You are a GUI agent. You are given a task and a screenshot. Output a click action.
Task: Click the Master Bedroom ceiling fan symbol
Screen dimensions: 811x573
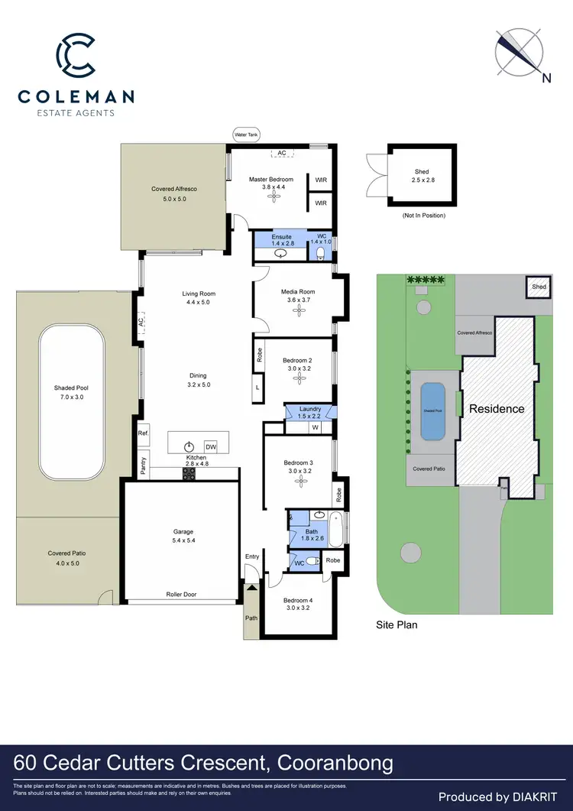click(272, 196)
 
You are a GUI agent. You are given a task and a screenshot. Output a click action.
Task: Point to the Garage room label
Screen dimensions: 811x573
click(183, 531)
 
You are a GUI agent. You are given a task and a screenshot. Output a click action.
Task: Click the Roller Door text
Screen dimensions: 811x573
click(182, 594)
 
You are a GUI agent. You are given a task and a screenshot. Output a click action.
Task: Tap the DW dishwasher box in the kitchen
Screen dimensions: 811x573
click(212, 446)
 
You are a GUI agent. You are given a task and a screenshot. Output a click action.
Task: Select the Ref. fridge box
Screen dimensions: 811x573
click(143, 433)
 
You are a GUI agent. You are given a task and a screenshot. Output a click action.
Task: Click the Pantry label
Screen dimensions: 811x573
click(143, 464)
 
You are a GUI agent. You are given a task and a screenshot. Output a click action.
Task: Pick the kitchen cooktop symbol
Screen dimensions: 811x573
click(189, 474)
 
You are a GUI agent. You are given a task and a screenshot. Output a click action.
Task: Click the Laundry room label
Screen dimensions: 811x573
click(309, 409)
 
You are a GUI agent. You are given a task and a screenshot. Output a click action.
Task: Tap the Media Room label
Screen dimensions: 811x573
click(298, 292)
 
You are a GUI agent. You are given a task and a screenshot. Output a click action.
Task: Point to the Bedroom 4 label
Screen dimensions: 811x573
click(297, 600)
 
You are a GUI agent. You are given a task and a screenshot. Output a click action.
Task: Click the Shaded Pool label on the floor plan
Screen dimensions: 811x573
click(70, 388)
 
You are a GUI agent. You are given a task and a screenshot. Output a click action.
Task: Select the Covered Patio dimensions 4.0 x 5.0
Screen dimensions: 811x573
click(63, 563)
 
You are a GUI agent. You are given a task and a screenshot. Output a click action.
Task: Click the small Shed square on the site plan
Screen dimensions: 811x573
click(539, 287)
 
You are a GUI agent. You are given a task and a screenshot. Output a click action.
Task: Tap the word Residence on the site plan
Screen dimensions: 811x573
click(497, 408)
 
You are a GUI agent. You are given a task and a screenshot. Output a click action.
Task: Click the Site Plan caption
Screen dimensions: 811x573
click(397, 624)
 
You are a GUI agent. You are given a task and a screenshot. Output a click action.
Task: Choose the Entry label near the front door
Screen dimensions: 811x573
click(252, 556)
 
